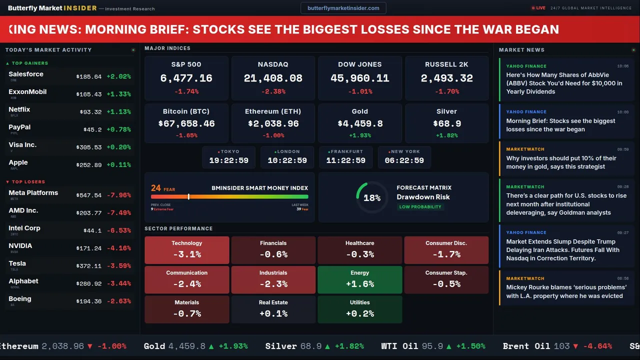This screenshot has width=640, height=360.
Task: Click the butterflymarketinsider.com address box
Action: (x=343, y=8)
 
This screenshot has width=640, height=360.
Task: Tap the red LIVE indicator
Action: (x=538, y=8)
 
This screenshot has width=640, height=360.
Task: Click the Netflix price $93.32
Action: (x=90, y=112)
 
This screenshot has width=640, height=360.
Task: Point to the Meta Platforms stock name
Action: (x=33, y=193)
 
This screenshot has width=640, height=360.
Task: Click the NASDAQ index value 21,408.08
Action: (x=273, y=78)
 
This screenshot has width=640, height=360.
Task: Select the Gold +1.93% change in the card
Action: (x=359, y=135)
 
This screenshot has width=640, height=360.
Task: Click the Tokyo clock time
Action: (x=228, y=160)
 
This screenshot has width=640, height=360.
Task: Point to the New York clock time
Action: (x=404, y=160)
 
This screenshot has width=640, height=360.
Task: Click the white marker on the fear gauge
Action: (x=188, y=197)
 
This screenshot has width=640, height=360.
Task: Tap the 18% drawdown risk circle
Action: (x=372, y=197)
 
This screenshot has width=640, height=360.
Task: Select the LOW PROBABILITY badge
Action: (x=420, y=207)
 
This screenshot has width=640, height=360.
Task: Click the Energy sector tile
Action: (x=359, y=279)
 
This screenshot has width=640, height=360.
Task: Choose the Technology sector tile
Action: (x=186, y=250)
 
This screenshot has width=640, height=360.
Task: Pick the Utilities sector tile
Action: (x=359, y=309)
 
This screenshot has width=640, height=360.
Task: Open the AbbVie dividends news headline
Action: (x=564, y=83)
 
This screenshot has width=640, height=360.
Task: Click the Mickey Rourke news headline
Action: (x=566, y=291)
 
